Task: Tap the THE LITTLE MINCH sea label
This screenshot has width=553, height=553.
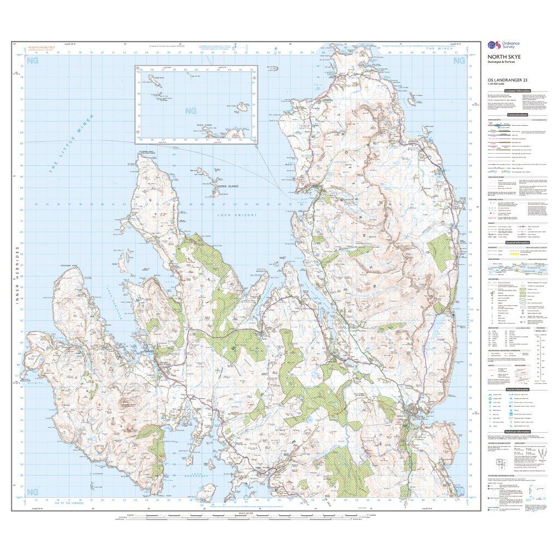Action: pyautogui.click(x=72, y=145)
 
